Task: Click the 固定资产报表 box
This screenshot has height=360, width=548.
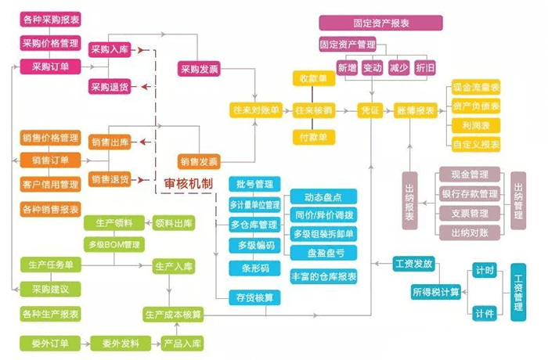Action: click(x=364, y=23)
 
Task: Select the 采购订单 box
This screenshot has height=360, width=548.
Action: click(x=51, y=67)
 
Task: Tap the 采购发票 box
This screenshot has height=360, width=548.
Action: click(x=198, y=69)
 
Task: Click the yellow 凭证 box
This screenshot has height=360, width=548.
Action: click(x=369, y=110)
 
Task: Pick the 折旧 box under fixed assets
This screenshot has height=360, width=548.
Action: click(x=425, y=68)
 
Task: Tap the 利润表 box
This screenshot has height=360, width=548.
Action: click(x=476, y=125)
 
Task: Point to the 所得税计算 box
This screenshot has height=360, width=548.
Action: click(x=436, y=292)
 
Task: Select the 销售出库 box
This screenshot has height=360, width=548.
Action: click(x=110, y=142)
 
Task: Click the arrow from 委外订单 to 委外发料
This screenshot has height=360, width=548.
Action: click(x=84, y=343)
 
